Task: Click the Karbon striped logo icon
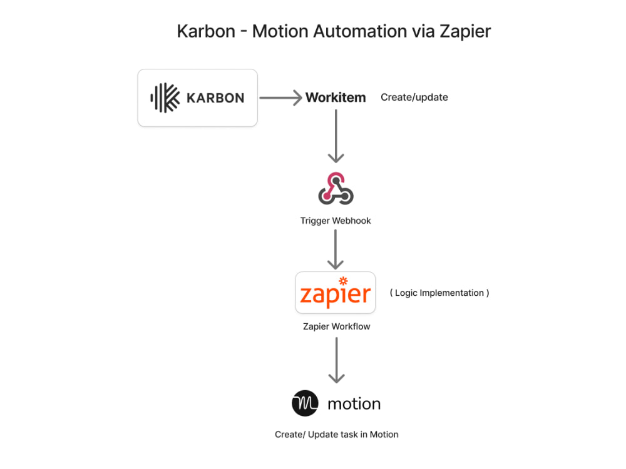pos(165,98)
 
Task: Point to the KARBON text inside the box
pos(215,98)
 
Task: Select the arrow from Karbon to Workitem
pos(280,98)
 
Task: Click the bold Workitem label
pos(336,98)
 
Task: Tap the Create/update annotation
pos(414,98)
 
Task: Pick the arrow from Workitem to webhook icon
pos(336,136)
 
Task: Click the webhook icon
pos(336,188)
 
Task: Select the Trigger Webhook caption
pos(336,221)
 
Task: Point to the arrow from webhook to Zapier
pos(336,249)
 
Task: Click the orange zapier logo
pos(336,295)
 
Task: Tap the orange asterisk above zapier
pos(342,281)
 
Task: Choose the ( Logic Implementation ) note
pos(439,293)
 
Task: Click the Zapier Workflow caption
pos(336,326)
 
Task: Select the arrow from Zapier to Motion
pos(337,360)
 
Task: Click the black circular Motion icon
pos(305,403)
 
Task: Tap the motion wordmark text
pos(354,404)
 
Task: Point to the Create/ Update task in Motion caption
pos(336,435)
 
